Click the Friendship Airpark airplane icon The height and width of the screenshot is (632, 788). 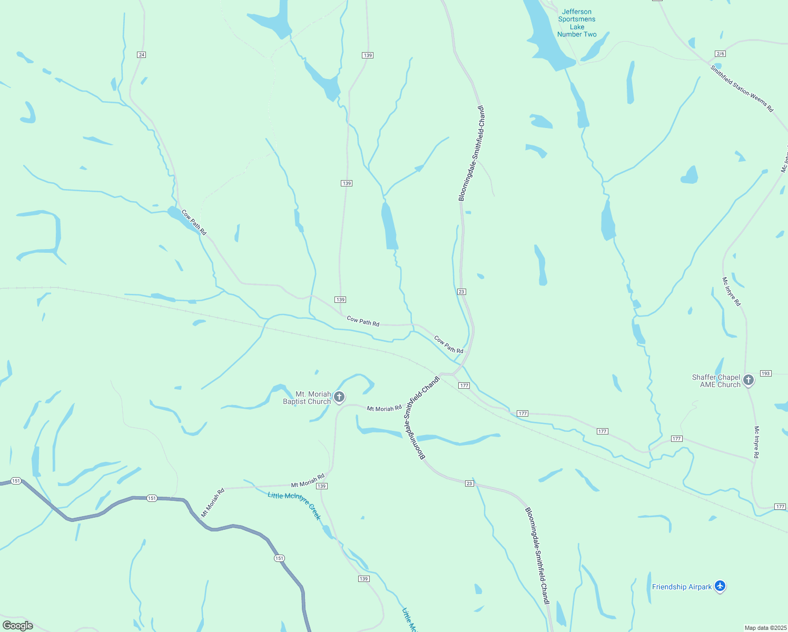point(720,586)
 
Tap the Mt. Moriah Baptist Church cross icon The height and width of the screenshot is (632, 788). point(340,397)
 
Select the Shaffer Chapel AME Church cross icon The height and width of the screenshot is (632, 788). point(748,380)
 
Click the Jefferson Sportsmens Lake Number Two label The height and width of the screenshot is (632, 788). point(577,23)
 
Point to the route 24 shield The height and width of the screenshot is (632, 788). point(141,55)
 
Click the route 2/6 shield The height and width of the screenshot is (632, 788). point(720,54)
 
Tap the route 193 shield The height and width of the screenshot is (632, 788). point(765,373)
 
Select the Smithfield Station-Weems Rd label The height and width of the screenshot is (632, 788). point(742,88)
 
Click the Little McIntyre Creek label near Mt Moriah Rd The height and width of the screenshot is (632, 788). point(294,505)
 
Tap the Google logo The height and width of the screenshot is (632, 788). point(18,626)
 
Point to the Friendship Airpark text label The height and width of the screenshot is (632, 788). point(682,587)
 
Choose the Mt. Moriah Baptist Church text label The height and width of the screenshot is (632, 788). point(307,398)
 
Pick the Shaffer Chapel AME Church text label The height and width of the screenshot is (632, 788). point(716,381)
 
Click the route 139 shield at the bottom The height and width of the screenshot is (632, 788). point(363,579)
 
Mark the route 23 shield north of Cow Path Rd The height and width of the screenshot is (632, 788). point(462,292)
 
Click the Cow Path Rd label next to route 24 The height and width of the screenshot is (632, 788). point(194,222)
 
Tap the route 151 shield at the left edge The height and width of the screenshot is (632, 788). point(16,481)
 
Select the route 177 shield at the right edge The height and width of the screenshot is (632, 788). point(780,507)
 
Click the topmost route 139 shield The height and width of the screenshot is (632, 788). point(368,55)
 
